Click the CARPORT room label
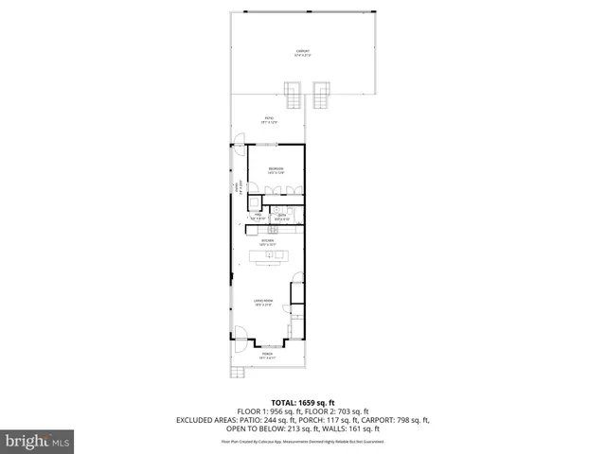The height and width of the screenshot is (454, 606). click(303, 52)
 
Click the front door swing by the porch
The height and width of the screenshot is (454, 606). click(239, 336)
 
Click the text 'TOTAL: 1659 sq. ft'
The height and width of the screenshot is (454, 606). click(302, 402)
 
